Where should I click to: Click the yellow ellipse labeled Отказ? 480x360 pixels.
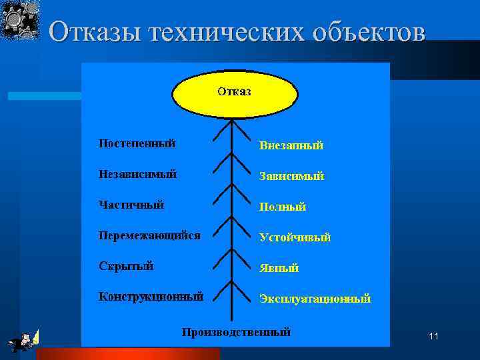pos(234,93)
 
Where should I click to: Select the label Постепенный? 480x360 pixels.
pos(137,143)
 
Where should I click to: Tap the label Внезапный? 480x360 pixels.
pos(291,145)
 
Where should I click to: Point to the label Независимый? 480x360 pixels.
pos(137,174)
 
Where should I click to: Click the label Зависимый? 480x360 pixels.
pos(292,177)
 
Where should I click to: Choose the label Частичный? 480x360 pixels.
pos(131,205)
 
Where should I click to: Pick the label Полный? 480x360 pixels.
pos(283,207)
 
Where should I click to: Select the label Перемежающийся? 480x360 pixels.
pos(149,235)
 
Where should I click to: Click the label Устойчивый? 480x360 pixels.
pos(295,237)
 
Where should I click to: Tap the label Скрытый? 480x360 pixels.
pos(126,266)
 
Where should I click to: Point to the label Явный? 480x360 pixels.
pos(279,268)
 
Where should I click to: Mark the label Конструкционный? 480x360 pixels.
pos(151,297)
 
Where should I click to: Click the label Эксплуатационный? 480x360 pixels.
pos(315,299)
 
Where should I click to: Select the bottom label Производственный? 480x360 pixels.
pos(237,332)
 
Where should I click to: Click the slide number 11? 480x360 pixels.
pos(433,337)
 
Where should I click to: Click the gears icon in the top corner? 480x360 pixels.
pos(20,19)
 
